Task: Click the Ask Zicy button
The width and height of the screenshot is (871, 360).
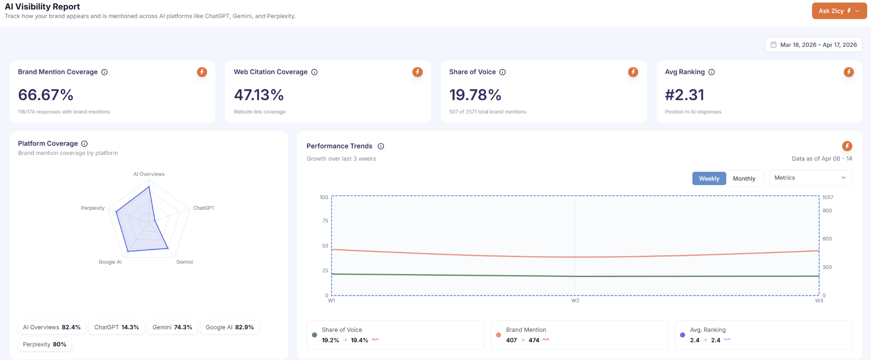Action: pos(839,11)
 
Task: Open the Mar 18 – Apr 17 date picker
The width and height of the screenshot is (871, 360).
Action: pos(813,45)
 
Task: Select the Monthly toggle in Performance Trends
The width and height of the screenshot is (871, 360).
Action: pos(744,179)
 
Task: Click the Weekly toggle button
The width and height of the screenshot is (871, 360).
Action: pos(709,179)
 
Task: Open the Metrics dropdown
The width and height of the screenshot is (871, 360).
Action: pos(810,178)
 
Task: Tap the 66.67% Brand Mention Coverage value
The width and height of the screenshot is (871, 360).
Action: pos(46,95)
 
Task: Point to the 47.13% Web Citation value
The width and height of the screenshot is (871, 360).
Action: pos(259,95)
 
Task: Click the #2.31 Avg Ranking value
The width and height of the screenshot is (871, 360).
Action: pos(684,95)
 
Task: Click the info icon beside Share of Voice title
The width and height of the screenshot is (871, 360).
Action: pos(502,72)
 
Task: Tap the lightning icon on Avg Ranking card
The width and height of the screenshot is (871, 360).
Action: pos(848,72)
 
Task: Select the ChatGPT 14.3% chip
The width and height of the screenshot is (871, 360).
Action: pos(117,327)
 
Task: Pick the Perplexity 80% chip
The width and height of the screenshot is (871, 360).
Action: pos(45,344)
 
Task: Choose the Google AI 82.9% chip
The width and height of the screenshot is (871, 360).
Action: pos(230,327)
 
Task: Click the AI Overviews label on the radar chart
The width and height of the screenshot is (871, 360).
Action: pos(149,174)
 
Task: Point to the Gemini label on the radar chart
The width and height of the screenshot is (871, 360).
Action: pos(185,262)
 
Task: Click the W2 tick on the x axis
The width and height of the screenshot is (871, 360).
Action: pos(575,301)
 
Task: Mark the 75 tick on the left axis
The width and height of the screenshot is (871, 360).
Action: pos(325,221)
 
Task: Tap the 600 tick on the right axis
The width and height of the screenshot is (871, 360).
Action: pos(827,239)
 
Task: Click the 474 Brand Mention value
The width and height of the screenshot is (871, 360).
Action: pos(534,340)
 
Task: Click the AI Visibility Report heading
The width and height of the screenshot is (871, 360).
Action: pos(43,7)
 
